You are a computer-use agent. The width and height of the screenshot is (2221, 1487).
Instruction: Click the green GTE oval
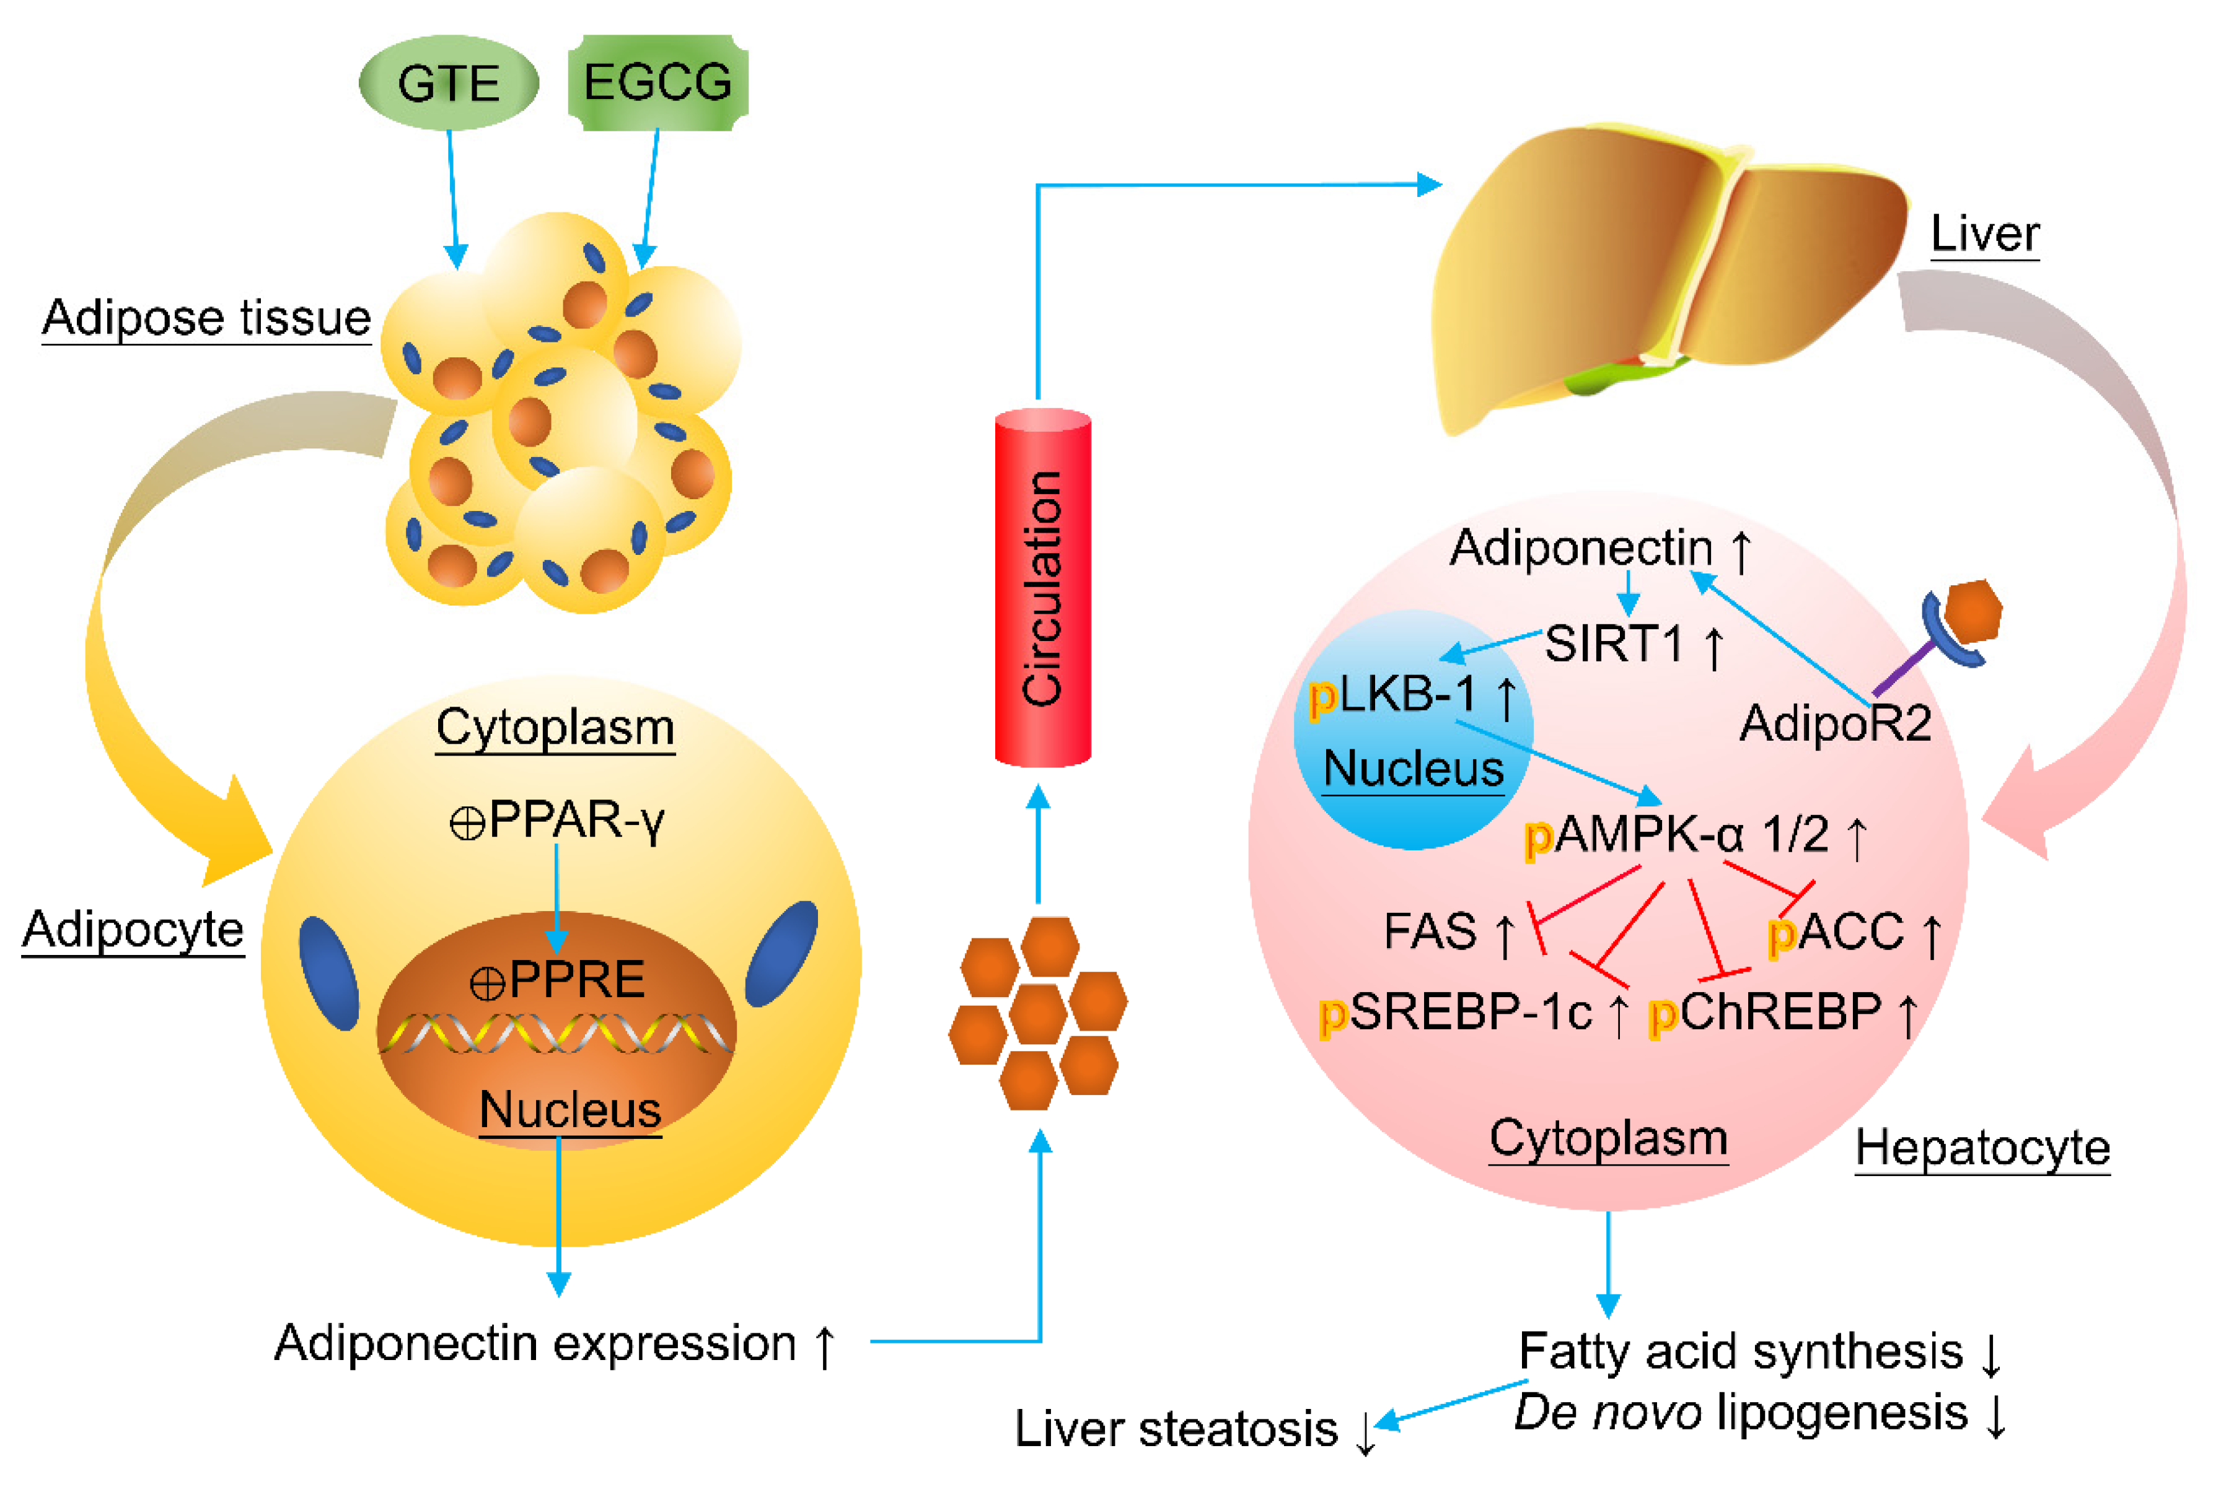point(449,82)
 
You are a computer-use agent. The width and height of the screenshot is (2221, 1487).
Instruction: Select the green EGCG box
point(658,82)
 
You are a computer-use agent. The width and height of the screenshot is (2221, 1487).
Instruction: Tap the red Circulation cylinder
point(1043,587)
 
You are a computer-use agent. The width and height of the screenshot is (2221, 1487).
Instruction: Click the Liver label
point(1985,233)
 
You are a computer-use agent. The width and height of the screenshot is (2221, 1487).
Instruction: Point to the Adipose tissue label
point(207,318)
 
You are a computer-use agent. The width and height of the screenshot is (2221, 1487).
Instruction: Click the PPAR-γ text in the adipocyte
point(557,821)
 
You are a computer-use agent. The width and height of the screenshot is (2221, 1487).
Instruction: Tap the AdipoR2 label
point(1835,723)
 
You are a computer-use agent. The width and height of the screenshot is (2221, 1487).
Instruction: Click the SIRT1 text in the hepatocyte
point(1614,644)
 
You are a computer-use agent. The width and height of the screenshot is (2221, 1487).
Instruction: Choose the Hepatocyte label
point(1982,1148)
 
